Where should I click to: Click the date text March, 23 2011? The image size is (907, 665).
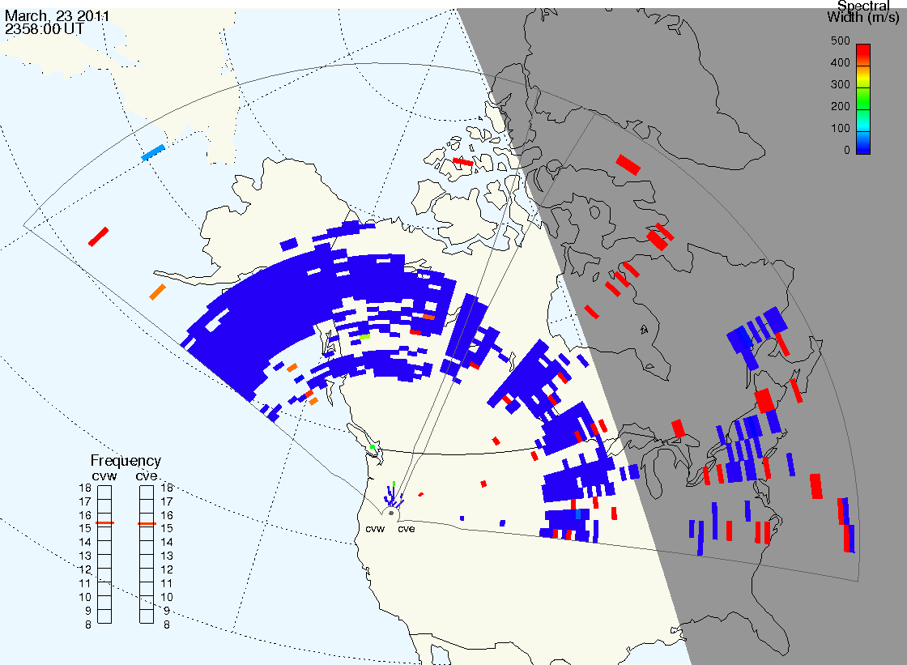(x=57, y=15)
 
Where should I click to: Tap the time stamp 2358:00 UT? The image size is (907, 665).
(x=44, y=29)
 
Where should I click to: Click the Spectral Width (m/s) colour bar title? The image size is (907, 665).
(x=863, y=11)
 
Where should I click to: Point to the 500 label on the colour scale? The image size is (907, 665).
(x=840, y=40)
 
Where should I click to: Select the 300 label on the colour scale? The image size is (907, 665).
(x=840, y=84)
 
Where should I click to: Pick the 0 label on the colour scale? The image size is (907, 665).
(x=847, y=150)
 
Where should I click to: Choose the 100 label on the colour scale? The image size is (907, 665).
(x=840, y=128)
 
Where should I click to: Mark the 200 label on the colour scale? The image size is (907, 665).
(x=840, y=106)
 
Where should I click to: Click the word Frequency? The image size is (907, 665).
(x=126, y=461)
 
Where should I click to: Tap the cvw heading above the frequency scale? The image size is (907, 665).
(x=104, y=476)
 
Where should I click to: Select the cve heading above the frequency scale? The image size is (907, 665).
(x=147, y=475)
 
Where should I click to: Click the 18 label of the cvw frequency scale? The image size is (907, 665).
(x=85, y=488)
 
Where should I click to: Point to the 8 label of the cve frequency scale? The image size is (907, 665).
(x=167, y=625)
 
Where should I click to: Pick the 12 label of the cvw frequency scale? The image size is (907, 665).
(x=85, y=570)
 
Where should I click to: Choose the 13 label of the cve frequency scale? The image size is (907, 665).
(x=167, y=556)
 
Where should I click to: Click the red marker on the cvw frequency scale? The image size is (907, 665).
(x=104, y=523)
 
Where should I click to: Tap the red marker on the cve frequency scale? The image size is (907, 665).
(x=147, y=524)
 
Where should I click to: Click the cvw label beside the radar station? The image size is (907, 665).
(x=375, y=529)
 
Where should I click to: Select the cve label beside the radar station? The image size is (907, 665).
(x=406, y=529)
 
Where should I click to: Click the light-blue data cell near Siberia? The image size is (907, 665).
(x=153, y=152)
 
